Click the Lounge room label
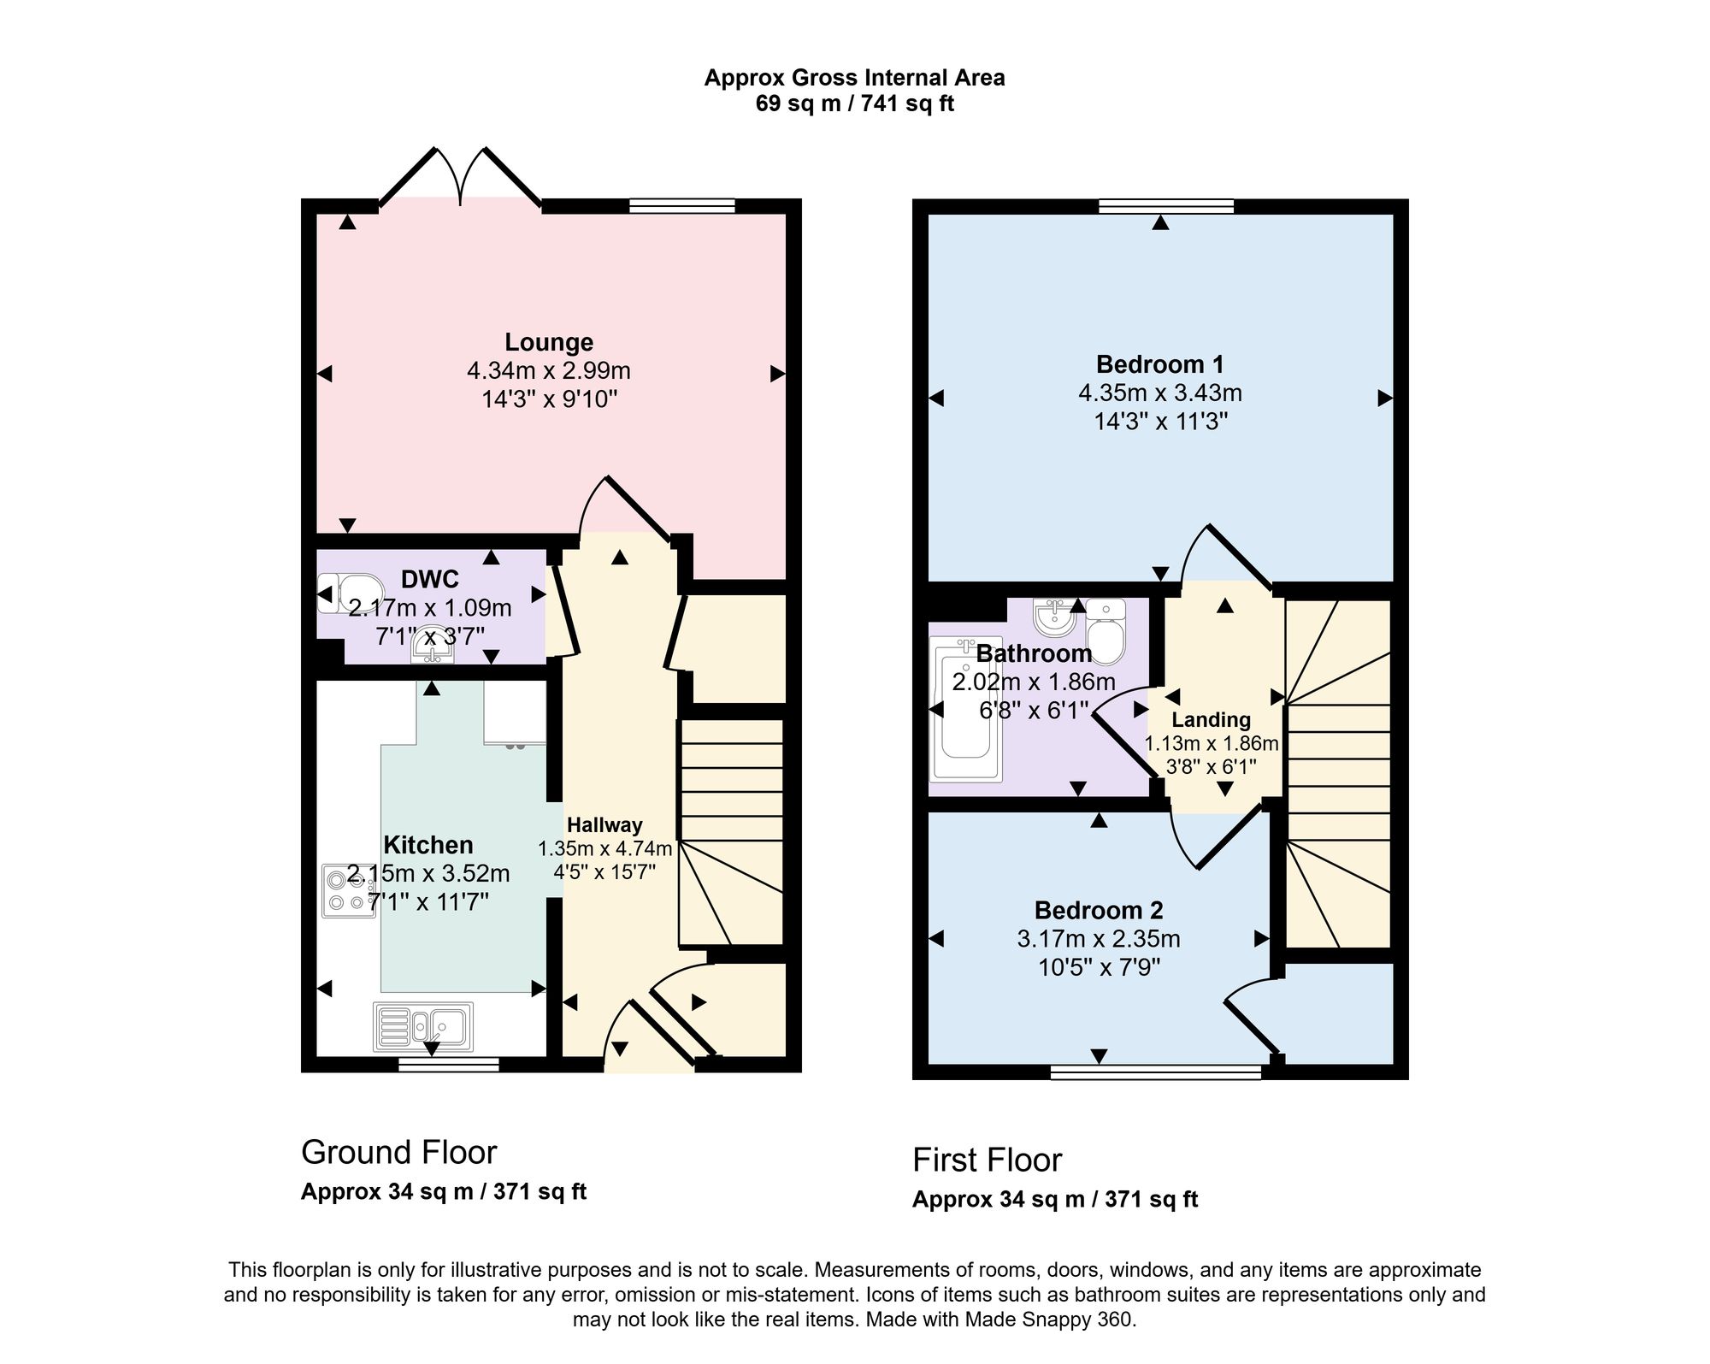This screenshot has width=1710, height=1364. [549, 342]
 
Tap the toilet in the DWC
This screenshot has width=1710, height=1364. [351, 593]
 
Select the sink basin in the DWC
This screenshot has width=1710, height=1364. [433, 646]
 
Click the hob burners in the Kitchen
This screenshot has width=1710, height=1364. [349, 890]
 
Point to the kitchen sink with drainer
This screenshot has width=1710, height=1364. [423, 1026]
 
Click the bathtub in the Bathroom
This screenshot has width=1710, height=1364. [966, 710]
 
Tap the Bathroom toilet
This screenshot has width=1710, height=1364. [1106, 632]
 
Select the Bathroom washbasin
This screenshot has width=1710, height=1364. [1054, 617]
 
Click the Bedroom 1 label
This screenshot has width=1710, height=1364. [1159, 364]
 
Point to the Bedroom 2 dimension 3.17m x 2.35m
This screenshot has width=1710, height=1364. [1099, 939]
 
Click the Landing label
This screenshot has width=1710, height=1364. [1211, 720]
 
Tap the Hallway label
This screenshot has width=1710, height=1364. [604, 825]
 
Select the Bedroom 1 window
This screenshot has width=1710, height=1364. [1166, 206]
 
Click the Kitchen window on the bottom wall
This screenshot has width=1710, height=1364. [448, 1065]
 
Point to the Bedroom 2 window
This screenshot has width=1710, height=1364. [1156, 1072]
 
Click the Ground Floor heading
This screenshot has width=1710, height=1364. [398, 1153]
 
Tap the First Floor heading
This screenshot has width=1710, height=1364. [987, 1160]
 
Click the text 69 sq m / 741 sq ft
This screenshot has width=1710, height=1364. [854, 104]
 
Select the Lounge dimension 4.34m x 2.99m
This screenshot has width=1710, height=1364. [549, 371]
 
